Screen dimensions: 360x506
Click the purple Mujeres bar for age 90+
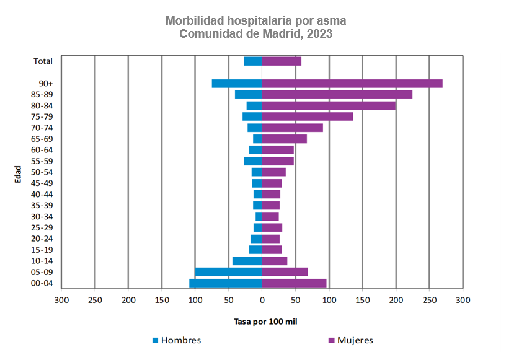coord(352,84)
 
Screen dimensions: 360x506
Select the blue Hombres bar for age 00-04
coord(226,283)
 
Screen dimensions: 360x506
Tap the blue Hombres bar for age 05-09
coord(228,272)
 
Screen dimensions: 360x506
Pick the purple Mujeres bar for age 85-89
coord(337,94)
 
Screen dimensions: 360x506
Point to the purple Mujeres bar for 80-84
coord(329,105)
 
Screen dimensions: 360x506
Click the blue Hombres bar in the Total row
coord(253,61)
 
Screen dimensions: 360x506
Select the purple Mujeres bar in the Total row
coord(282,61)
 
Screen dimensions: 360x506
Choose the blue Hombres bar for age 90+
coord(237,84)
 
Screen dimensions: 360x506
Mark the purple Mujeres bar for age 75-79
coord(308,116)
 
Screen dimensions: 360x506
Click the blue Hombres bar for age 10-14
coord(247,261)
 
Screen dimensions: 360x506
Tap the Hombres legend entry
coord(177,340)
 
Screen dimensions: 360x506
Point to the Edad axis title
coord(19,173)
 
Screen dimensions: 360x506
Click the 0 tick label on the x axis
coord(262,300)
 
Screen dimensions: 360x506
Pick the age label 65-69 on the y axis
coord(42,139)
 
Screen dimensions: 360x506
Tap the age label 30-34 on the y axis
coord(42,216)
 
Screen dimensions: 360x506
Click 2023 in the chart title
coord(318,34)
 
